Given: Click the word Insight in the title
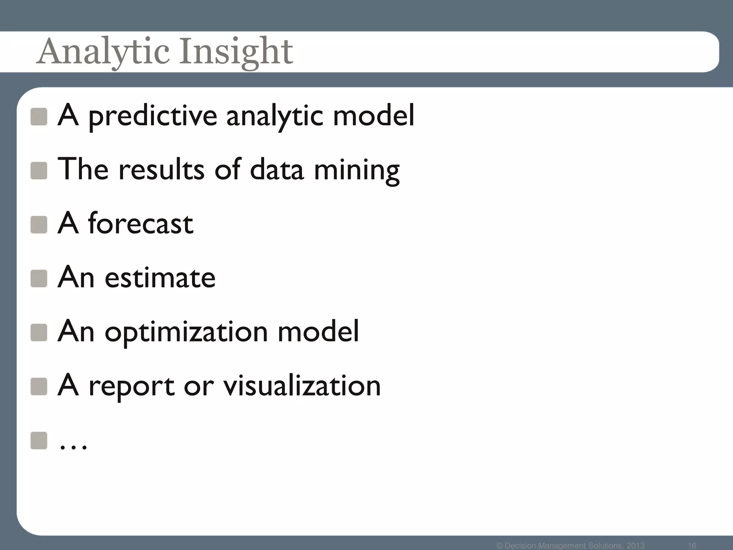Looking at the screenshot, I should point(236,52).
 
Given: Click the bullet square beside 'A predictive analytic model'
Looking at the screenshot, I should point(39,117).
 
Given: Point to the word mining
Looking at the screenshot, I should point(356,170).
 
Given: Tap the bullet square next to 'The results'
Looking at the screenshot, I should point(39,170).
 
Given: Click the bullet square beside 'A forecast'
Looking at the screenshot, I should point(39,225).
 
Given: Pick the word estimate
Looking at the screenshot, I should point(160,278).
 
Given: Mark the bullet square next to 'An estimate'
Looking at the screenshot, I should point(39,279).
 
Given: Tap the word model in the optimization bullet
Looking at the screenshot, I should point(318,331).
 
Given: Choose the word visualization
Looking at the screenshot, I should point(302,386).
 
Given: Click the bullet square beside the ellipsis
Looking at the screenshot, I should point(39,440).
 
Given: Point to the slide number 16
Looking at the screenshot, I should point(692,545).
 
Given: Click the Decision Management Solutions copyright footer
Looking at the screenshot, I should point(571,545).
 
